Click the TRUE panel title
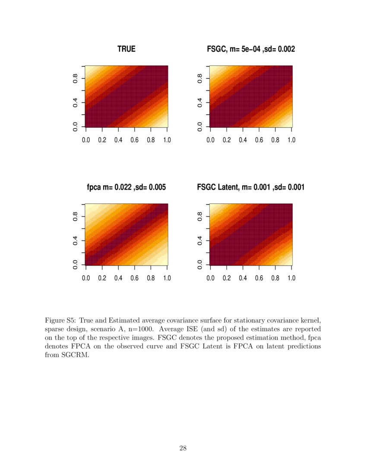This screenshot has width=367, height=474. pyautogui.click(x=126, y=50)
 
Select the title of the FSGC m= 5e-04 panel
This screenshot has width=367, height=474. pyautogui.click(x=251, y=50)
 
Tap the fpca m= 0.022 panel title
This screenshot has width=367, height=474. pyautogui.click(x=126, y=187)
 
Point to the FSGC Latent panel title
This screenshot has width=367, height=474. pyautogui.click(x=251, y=187)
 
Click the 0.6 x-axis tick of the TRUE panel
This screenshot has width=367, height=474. pyautogui.click(x=134, y=140)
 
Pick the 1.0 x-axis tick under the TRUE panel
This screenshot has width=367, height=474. pyautogui.click(x=167, y=140)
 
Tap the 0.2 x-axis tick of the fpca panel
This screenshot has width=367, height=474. pyautogui.click(x=102, y=278)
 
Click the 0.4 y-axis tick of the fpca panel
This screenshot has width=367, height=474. pyautogui.click(x=75, y=240)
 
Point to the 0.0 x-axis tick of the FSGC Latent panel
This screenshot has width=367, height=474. pyautogui.click(x=210, y=278)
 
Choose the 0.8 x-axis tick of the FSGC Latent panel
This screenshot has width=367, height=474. pyautogui.click(x=275, y=278)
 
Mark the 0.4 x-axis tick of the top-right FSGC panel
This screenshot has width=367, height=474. pyautogui.click(x=243, y=140)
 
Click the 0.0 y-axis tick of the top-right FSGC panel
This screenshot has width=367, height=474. pyautogui.click(x=200, y=127)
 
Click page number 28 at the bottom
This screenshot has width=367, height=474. pyautogui.click(x=183, y=449)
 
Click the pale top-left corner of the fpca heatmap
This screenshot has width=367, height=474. pyautogui.click(x=89, y=207)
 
